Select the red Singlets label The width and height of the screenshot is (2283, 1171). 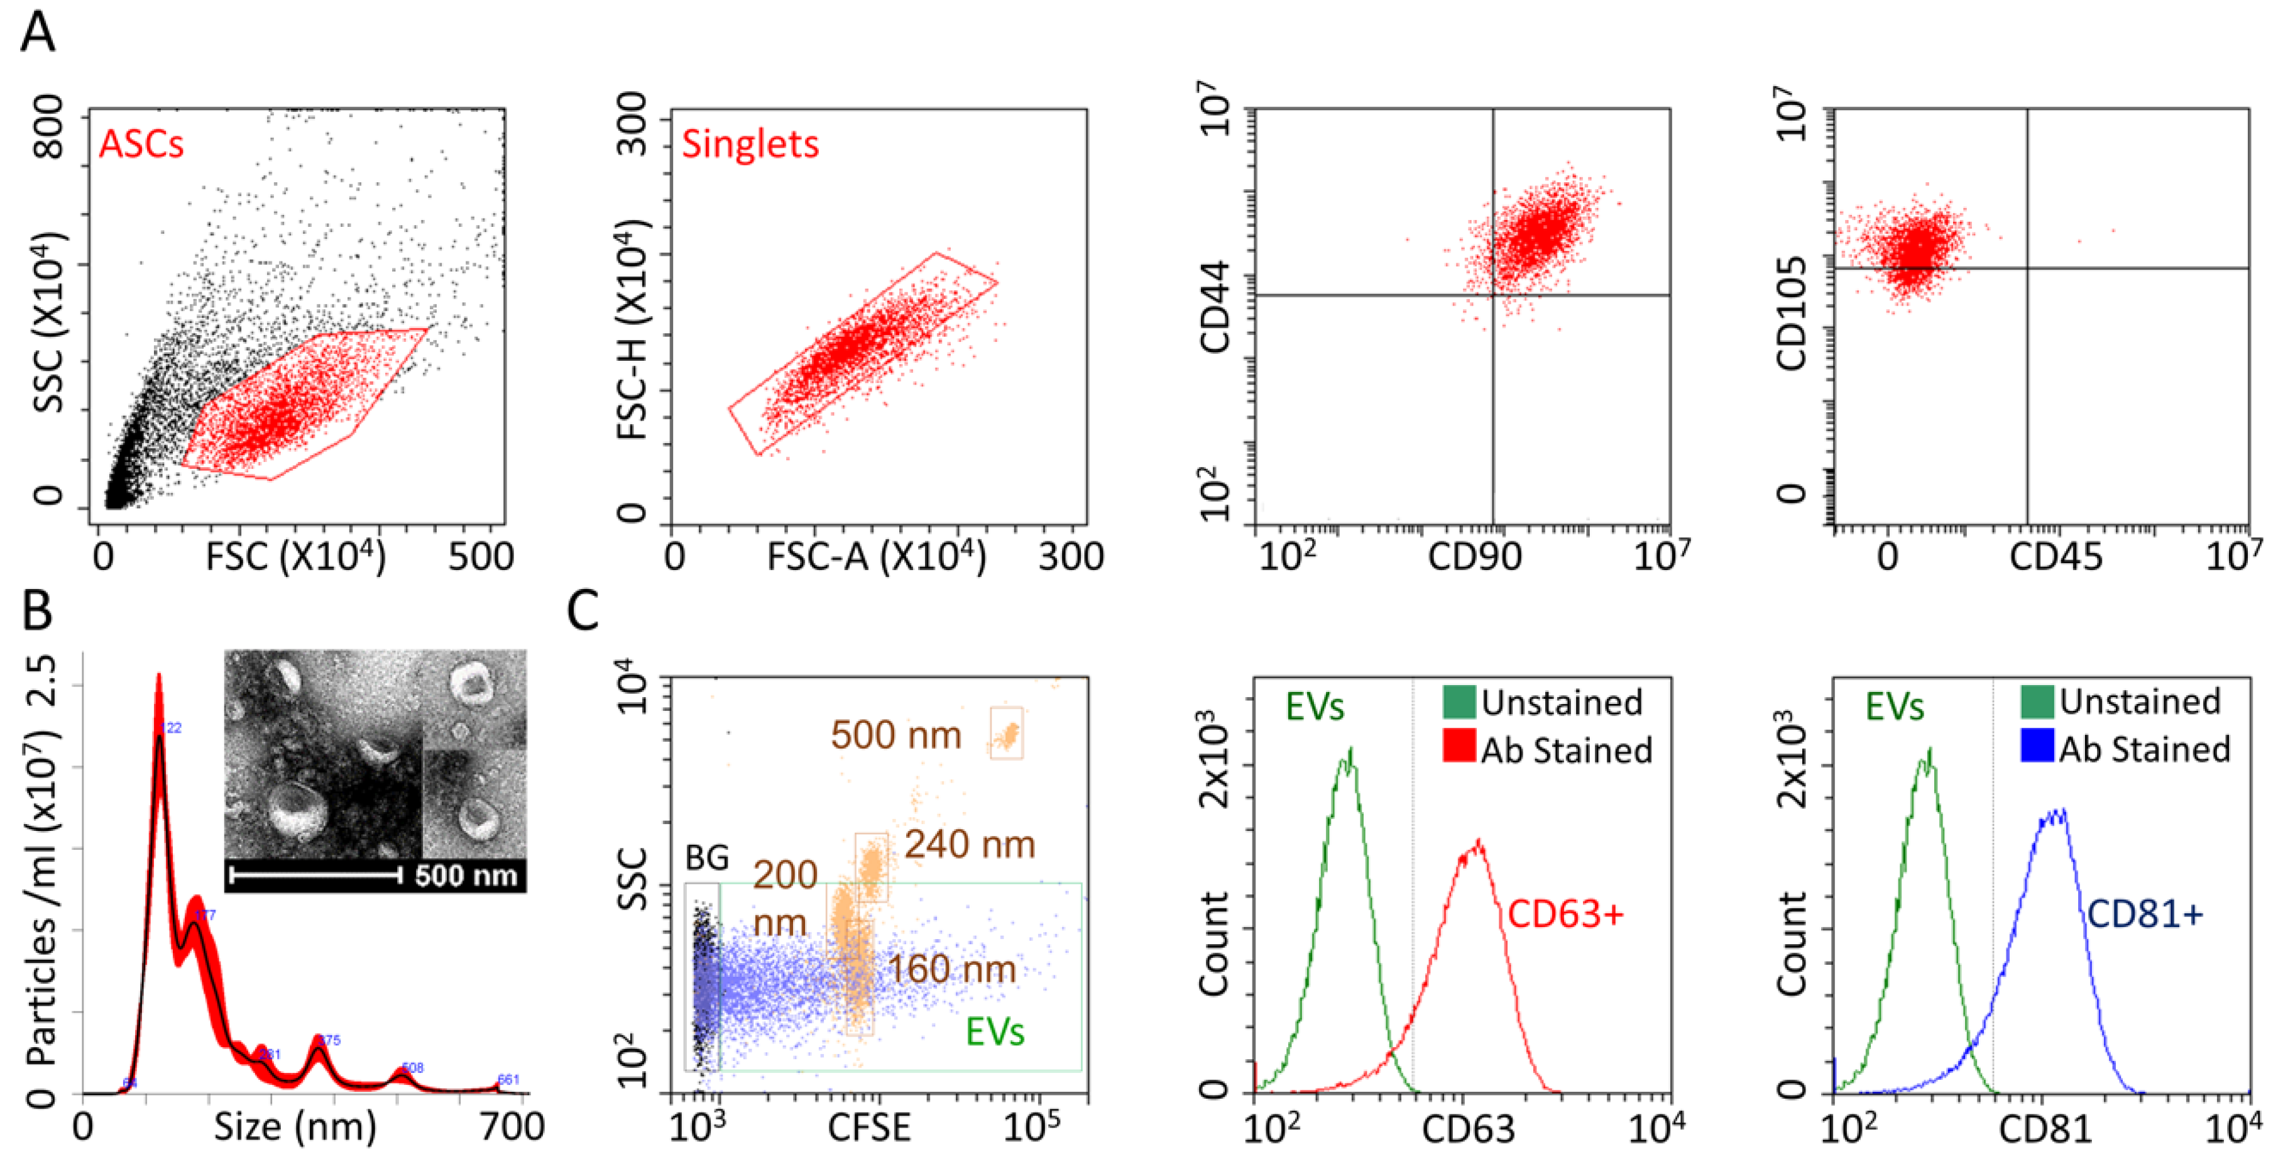(750, 143)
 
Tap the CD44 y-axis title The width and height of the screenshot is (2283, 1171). (1215, 307)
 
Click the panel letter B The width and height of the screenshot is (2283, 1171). (37, 611)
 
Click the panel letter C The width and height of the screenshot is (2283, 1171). (583, 611)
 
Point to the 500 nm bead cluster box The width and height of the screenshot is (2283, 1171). (1006, 733)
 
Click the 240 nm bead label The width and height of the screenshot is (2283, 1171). (970, 845)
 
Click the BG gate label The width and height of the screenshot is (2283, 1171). (706, 858)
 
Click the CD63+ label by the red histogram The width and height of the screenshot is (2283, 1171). (1565, 914)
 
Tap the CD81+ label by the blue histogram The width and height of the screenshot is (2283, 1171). (2144, 914)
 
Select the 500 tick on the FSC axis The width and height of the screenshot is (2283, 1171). (480, 558)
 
